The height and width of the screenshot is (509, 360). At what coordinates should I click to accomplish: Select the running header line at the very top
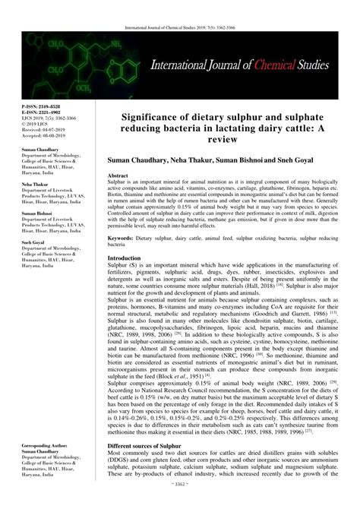[x=180, y=6]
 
